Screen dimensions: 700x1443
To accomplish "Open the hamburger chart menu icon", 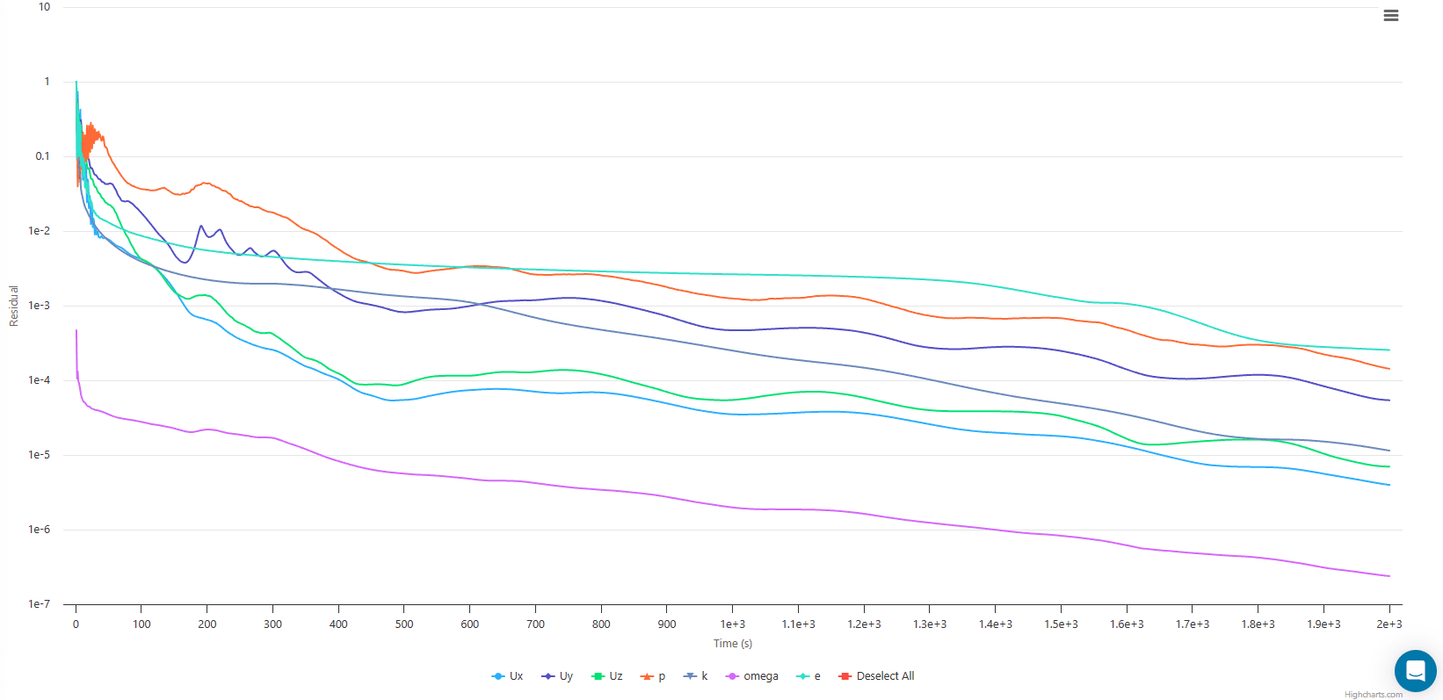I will (x=1390, y=16).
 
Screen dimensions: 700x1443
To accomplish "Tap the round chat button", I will (x=1415, y=671).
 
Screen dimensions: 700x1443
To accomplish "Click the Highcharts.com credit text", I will (x=1373, y=695).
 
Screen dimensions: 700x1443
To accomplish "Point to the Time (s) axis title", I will (x=732, y=644).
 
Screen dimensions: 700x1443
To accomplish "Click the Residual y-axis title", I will (x=14, y=306).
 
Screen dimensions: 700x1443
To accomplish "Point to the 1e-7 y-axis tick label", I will (x=39, y=604).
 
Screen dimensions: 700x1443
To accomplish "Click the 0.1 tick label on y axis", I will (x=42, y=156).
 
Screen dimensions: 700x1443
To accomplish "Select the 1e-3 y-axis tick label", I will (x=39, y=306).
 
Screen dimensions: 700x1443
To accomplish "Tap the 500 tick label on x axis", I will (x=404, y=624).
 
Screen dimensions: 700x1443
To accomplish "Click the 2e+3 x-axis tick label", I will (x=1389, y=624).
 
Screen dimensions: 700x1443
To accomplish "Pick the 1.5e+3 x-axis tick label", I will (x=1061, y=624).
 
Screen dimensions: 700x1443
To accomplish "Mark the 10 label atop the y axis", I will (x=44, y=7).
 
